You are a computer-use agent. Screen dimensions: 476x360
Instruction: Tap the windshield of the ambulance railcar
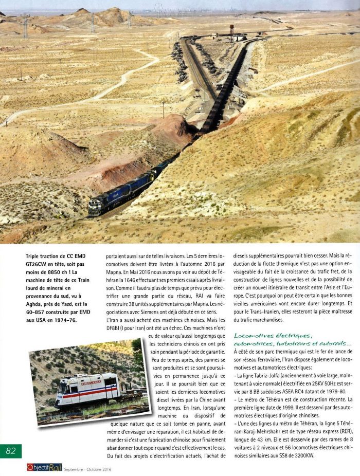62,387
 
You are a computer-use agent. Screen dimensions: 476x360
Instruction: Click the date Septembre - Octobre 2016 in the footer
87,469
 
